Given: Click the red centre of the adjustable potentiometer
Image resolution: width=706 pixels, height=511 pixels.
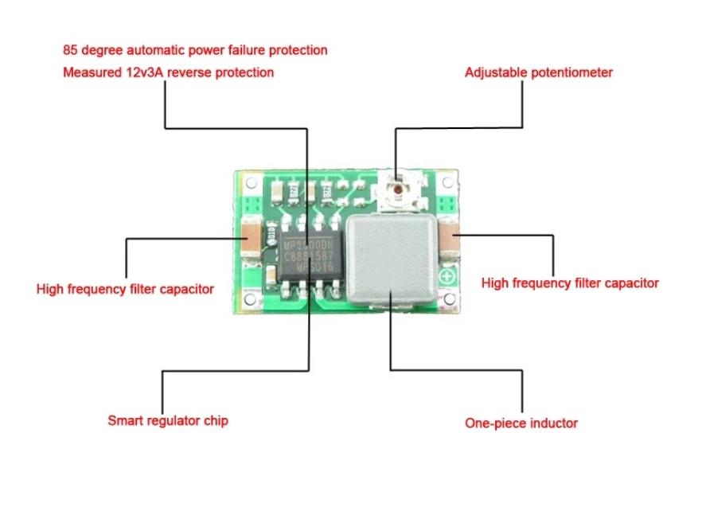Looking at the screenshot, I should pyautogui.click(x=395, y=189).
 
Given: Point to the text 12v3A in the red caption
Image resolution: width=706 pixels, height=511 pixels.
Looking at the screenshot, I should pyautogui.click(x=137, y=72).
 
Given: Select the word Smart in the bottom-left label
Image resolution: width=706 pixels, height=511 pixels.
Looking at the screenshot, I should pyautogui.click(x=125, y=419).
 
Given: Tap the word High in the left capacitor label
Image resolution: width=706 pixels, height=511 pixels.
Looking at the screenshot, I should pyautogui.click(x=50, y=289).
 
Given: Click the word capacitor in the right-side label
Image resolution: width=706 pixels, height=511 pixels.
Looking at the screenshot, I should pyautogui.click(x=632, y=283).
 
